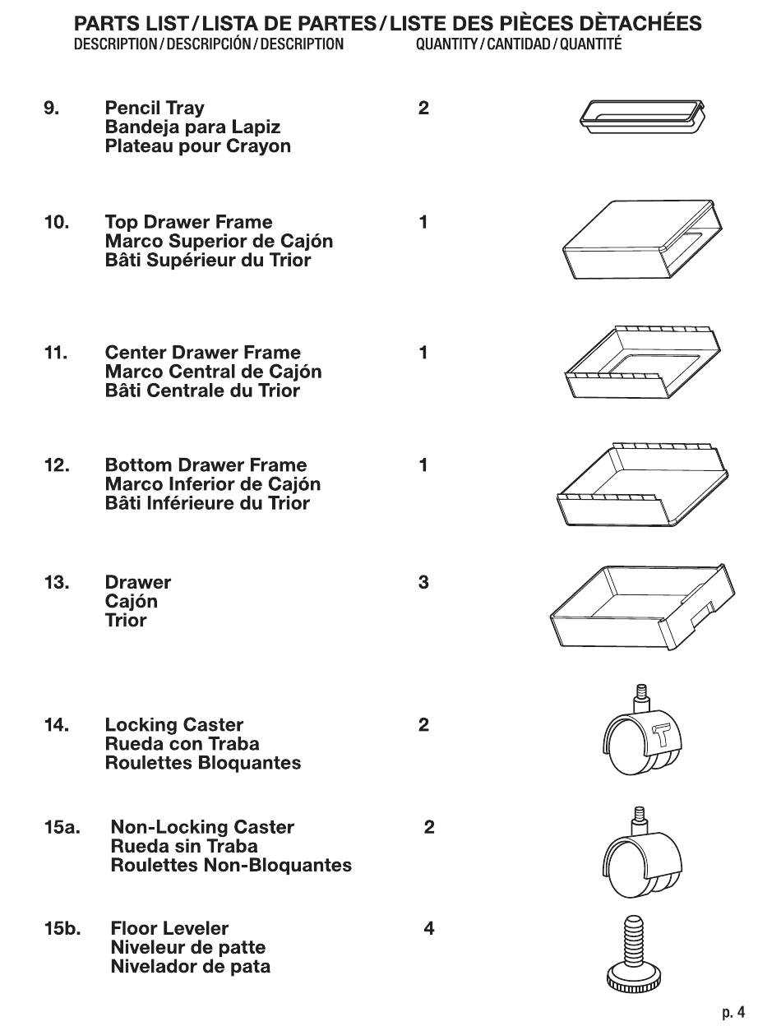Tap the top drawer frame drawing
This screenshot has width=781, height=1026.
tap(642, 239)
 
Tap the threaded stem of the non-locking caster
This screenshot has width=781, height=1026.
tap(638, 820)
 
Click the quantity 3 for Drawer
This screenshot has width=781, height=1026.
tap(423, 583)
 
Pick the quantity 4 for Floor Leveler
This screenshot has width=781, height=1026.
tap(429, 929)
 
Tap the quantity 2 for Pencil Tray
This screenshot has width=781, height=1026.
tap(423, 109)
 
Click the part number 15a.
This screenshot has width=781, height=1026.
tap(62, 827)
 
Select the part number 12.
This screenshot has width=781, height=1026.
tap(57, 466)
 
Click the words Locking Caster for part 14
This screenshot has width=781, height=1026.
tap(174, 725)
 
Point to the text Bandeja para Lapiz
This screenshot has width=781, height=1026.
tap(192, 127)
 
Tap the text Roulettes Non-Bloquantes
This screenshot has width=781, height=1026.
tap(231, 866)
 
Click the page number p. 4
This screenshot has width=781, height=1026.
tap(733, 1012)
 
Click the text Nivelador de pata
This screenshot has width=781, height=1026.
tap(190, 967)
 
